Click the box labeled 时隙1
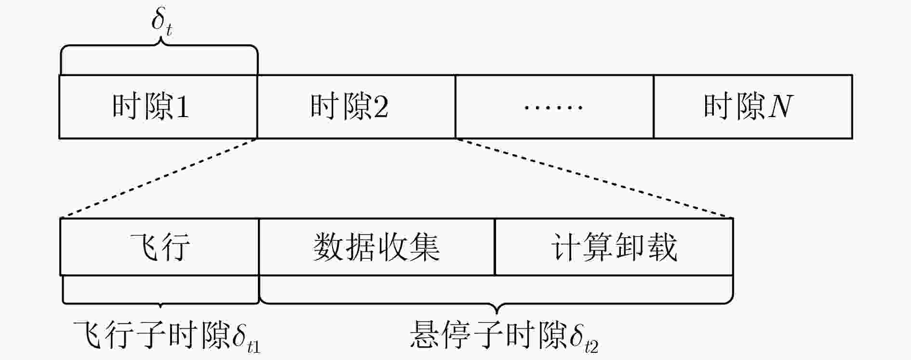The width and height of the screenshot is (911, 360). coord(158,107)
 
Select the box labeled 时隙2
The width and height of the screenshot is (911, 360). coord(356,107)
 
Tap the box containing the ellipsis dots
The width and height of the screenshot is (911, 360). coord(554,107)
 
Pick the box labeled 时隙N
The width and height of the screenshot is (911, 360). coord(753,107)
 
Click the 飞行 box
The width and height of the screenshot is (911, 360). coord(160,247)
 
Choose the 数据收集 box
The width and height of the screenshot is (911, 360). coord(377,247)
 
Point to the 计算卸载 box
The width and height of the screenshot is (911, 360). coord(614,247)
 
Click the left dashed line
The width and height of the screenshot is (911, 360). coord(159,178)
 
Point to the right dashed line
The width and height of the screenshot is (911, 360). coord(594,178)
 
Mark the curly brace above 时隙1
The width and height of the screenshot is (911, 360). coord(159,46)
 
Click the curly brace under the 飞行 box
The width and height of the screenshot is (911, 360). coord(160,303)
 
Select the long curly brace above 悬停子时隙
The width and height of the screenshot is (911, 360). coord(496,303)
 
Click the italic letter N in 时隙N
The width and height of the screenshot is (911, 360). coord(780,106)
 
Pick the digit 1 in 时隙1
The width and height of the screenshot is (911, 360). coord(182,107)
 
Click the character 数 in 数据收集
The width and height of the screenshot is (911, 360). coord(329,247)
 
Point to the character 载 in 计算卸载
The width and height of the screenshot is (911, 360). coord(662,247)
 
